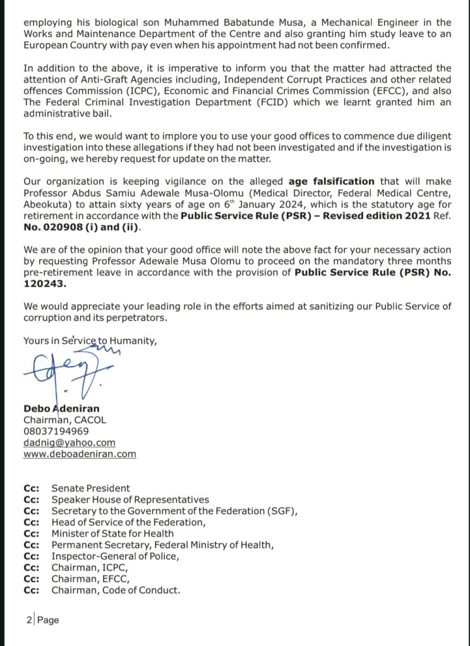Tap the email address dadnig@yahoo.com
(69, 442)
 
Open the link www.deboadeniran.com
(80, 454)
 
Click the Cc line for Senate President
(90, 488)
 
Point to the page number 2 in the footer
(29, 620)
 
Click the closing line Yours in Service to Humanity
(90, 340)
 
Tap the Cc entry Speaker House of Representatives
(130, 499)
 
